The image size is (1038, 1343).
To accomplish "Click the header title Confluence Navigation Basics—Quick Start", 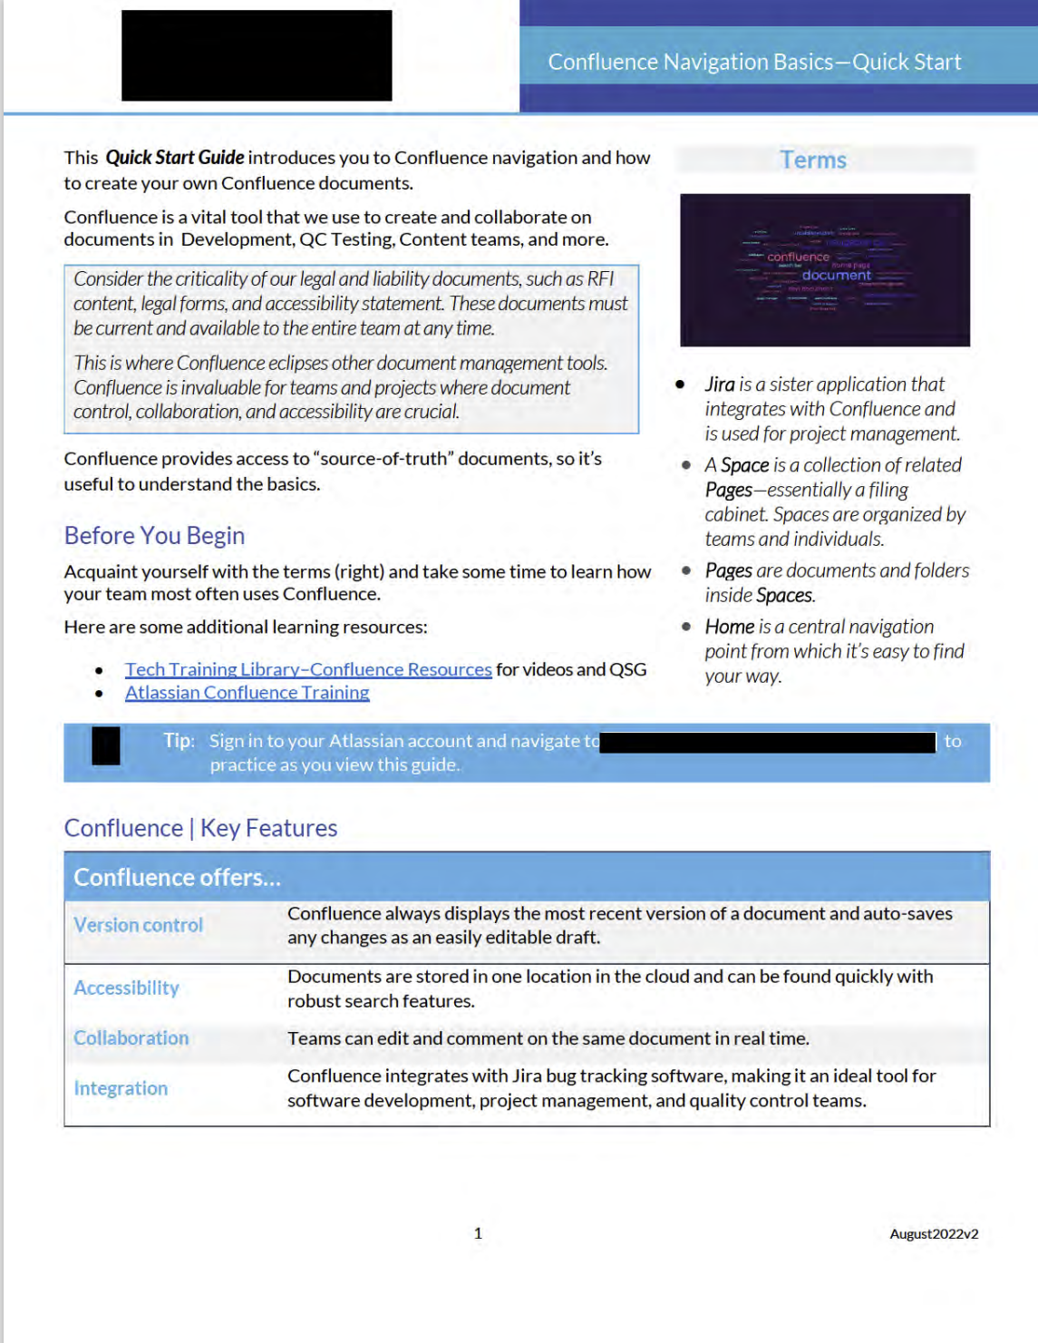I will (754, 62).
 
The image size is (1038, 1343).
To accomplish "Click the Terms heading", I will (813, 161).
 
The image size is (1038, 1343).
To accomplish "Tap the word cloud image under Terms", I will (824, 269).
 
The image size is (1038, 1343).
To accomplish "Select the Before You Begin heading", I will (154, 536).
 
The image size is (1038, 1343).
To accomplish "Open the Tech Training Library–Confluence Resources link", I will (308, 669).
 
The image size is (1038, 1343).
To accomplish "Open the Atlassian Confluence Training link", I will (247, 693).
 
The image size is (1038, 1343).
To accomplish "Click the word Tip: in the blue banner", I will (179, 741).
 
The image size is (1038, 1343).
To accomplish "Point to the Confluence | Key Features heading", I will (200, 828).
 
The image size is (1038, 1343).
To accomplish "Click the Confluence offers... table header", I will (177, 878).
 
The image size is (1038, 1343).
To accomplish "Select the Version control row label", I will (138, 925).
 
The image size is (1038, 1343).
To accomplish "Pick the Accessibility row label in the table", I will (126, 988).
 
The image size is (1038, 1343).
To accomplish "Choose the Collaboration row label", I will (131, 1037).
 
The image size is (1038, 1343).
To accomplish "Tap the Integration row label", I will (121, 1088).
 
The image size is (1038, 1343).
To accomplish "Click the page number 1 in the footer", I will (478, 1233).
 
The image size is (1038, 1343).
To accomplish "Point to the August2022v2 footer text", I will (934, 1234).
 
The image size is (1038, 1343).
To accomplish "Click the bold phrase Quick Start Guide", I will (175, 158).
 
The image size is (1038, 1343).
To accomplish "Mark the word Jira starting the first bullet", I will (720, 384).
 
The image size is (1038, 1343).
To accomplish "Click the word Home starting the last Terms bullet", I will (730, 627).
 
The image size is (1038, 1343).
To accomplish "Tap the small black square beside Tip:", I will (106, 746).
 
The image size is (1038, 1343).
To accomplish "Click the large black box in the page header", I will (257, 55).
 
